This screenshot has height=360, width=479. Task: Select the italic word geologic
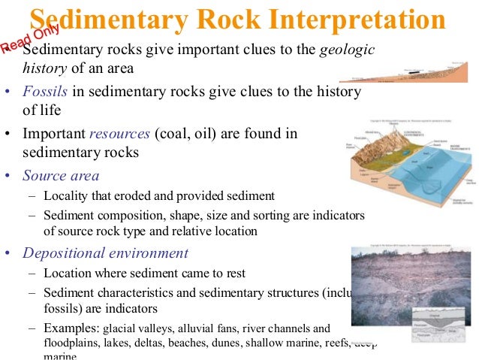pyautogui.click(x=347, y=50)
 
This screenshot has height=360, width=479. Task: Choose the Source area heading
pyautogui.click(x=61, y=176)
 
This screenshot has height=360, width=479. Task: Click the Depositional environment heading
pyautogui.click(x=105, y=253)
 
